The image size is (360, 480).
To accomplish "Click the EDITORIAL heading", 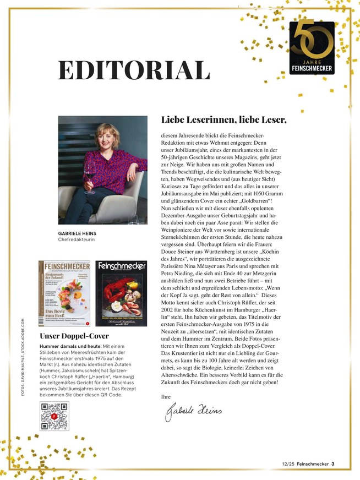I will [134, 71].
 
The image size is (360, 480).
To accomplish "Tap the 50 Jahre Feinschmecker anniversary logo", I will [312, 48].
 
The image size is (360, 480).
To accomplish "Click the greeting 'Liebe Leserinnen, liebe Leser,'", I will [224, 119].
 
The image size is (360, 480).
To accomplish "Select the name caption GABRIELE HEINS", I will [77, 233].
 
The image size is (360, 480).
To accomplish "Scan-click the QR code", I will [54, 417].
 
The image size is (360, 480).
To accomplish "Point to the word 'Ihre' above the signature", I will [166, 396].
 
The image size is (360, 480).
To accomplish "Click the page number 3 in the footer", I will [333, 463].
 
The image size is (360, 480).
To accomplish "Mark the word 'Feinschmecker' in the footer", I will [312, 463].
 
